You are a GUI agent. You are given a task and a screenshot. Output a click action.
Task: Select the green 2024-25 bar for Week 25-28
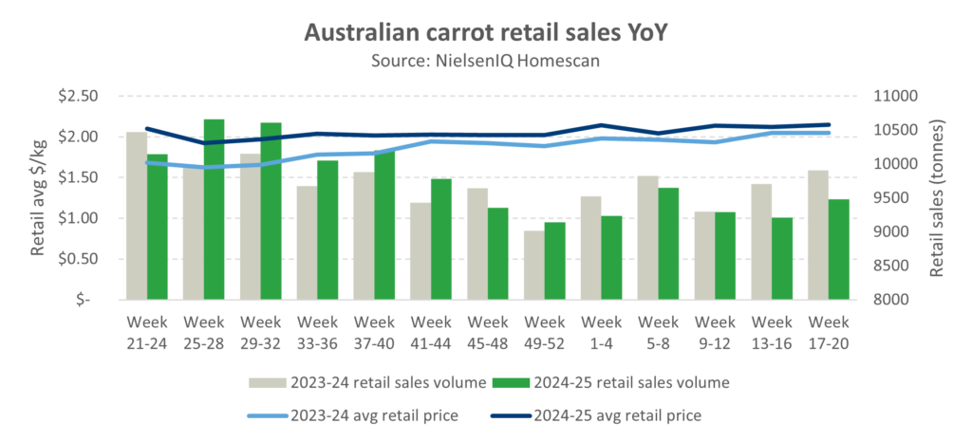click(215, 209)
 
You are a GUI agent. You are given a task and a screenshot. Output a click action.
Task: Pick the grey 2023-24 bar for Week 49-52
click(534, 265)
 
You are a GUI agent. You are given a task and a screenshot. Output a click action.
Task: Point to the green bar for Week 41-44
click(441, 238)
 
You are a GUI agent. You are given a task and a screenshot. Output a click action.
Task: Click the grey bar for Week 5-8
click(646, 237)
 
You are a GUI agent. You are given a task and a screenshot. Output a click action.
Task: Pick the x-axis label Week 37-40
click(375, 330)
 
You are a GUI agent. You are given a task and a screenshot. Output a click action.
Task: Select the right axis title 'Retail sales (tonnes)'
click(939, 197)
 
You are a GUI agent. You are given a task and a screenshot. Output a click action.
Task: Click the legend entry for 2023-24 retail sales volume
click(365, 382)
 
